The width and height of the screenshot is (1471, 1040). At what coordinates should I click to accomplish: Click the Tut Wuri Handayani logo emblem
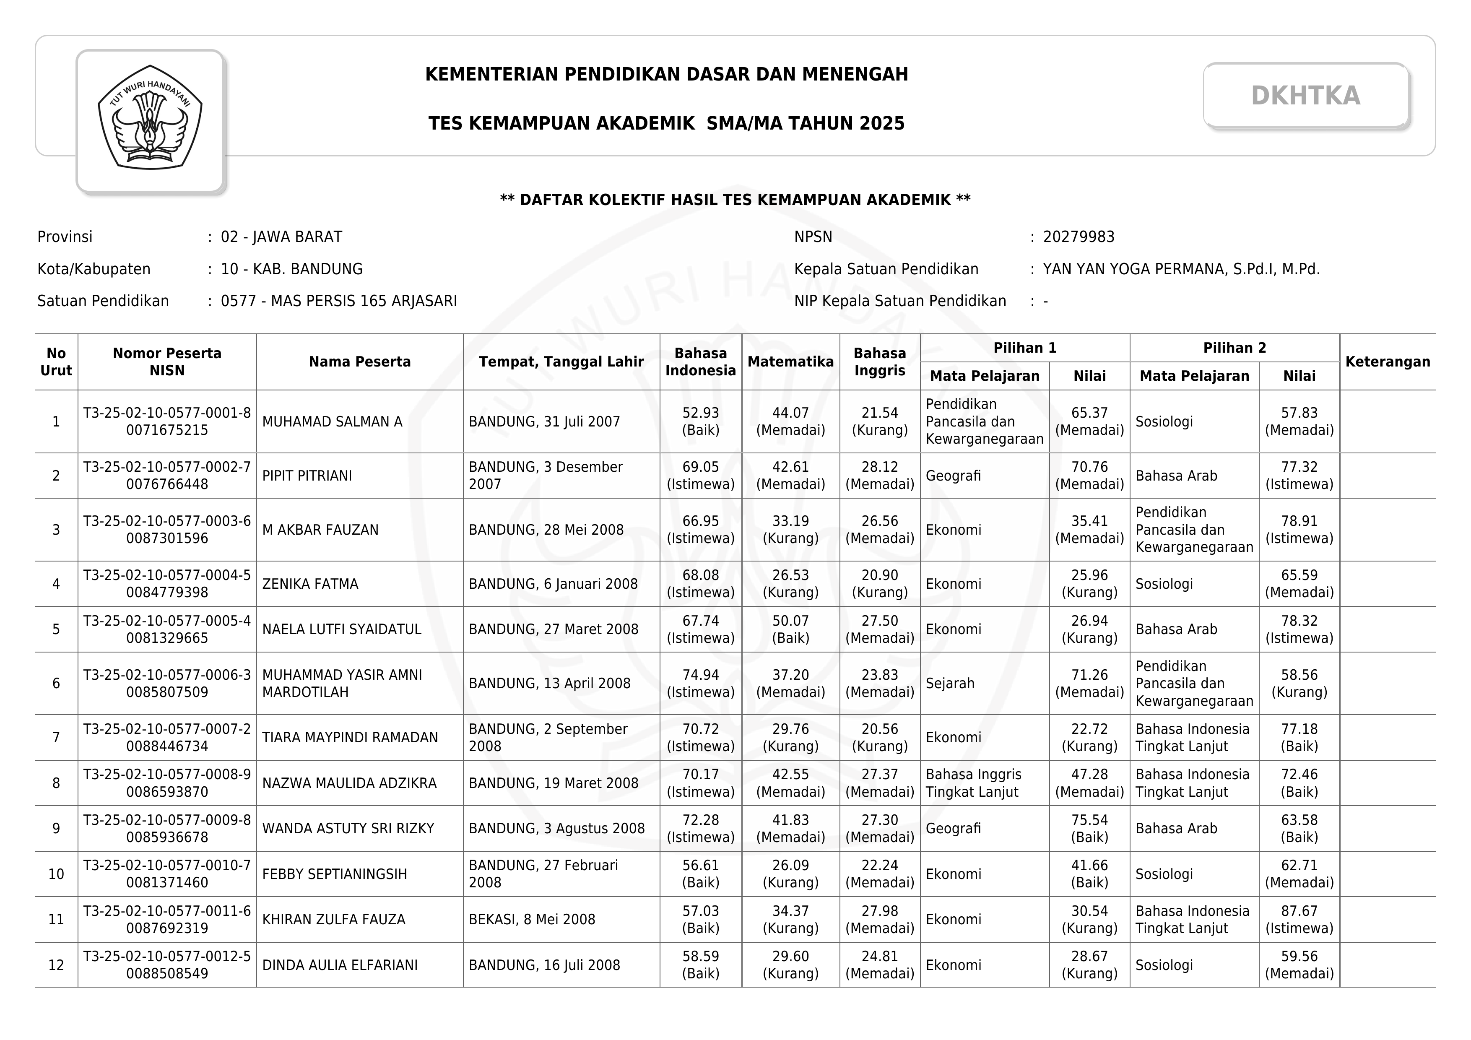150,118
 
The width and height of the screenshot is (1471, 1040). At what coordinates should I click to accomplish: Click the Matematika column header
790,361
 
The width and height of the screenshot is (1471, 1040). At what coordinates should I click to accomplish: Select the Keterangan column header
1387,361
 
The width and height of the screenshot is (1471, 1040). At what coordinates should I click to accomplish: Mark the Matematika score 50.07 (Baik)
790,629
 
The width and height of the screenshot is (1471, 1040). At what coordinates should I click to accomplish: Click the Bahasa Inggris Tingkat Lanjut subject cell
973,783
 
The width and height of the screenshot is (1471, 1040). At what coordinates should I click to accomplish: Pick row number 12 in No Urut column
56,965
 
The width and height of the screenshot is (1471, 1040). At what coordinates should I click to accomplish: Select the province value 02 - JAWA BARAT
281,237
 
